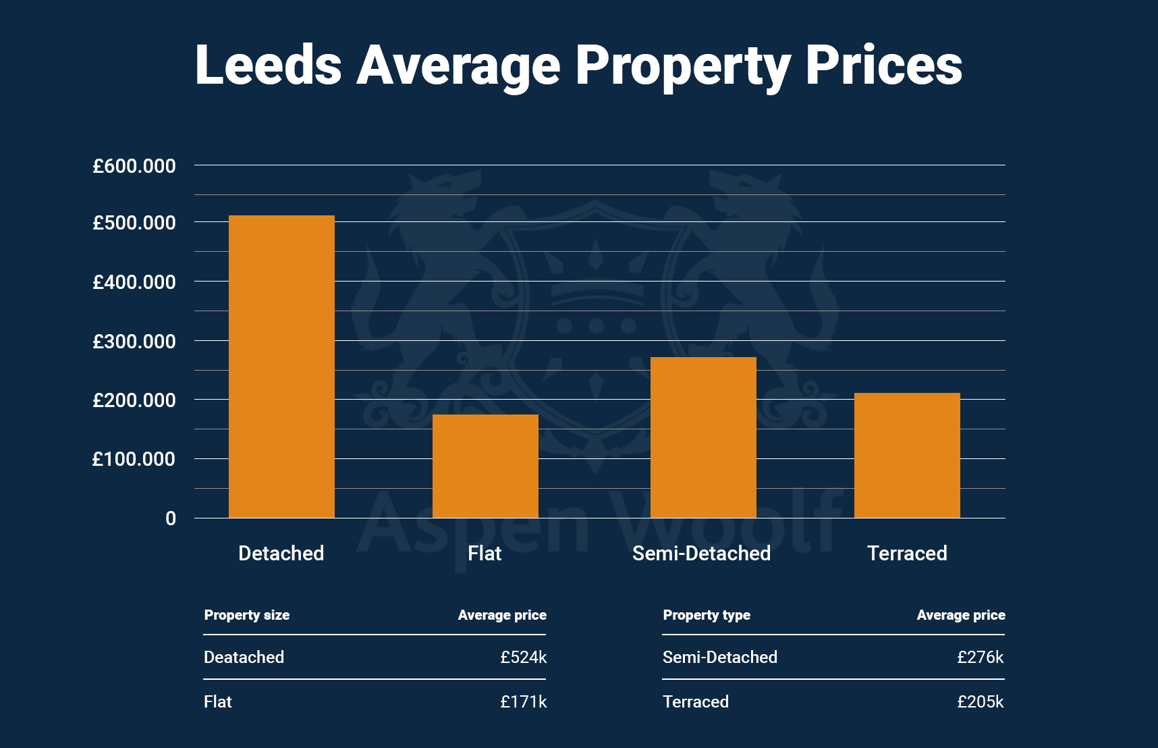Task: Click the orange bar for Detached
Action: [x=281, y=367]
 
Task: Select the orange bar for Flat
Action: [x=485, y=466]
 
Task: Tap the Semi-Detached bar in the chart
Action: [x=703, y=437]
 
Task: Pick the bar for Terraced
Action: [x=907, y=456]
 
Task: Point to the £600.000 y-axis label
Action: [x=134, y=166]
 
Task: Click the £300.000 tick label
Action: [x=134, y=342]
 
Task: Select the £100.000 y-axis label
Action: [x=134, y=460]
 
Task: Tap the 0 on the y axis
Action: [x=171, y=518]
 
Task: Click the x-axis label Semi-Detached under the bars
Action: [x=701, y=554]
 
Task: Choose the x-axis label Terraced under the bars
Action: [x=907, y=554]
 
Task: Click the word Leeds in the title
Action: [x=268, y=65]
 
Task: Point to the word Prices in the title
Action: [x=883, y=65]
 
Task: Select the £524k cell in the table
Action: [x=523, y=657]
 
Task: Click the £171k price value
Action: [x=523, y=701]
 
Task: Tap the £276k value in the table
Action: [x=980, y=657]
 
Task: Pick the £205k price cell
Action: [x=980, y=701]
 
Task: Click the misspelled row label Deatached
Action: [x=244, y=657]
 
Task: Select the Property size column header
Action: [x=246, y=615]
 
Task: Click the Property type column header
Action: [x=706, y=615]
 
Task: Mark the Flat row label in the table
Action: [x=217, y=701]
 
